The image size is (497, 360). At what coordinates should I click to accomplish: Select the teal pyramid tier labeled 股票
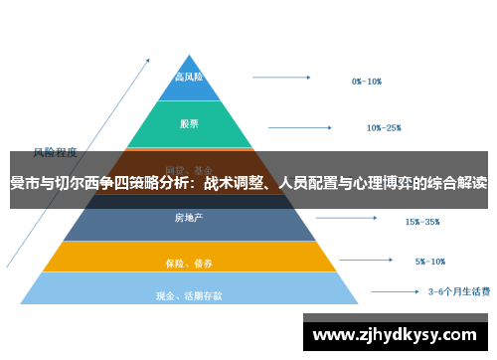189,124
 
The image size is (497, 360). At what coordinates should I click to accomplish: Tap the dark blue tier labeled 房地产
189,218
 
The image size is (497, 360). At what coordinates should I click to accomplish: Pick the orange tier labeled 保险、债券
189,263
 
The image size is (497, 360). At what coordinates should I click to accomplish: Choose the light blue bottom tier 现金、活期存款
189,294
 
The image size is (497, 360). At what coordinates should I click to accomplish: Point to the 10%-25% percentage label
384,127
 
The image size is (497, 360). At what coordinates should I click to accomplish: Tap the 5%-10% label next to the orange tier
430,262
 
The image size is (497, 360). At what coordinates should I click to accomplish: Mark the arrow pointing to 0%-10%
284,76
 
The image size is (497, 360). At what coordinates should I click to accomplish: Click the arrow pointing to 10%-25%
304,126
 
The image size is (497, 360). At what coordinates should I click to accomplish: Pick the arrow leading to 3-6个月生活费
396,292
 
